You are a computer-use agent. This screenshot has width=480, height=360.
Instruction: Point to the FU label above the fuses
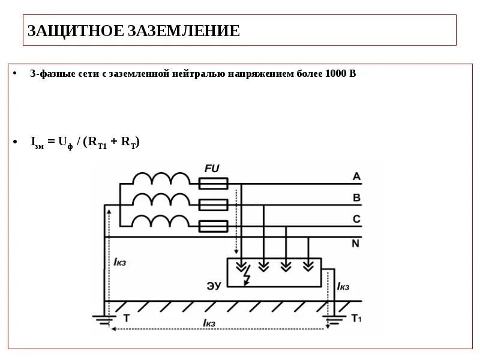212,169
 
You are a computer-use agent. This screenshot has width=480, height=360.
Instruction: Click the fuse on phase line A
213,183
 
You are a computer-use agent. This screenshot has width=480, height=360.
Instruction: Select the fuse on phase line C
213,226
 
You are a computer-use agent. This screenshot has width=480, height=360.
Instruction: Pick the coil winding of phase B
160,200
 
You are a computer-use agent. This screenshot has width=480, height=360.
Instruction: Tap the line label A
356,176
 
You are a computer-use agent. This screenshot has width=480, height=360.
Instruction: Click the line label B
356,197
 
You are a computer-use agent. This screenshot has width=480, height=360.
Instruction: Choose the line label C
356,220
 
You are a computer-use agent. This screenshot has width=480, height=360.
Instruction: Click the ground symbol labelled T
105,319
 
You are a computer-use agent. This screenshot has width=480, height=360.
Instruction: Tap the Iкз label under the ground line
209,323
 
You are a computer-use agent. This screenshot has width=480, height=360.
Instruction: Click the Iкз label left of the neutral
119,262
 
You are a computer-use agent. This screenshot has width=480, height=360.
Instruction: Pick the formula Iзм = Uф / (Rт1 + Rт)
85,142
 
